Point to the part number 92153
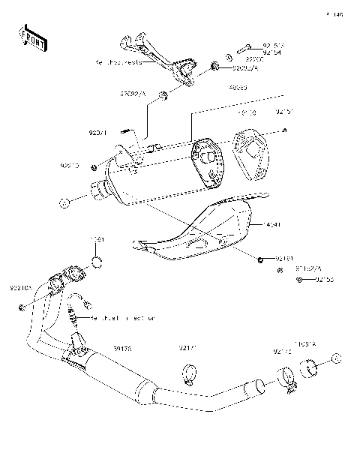(x=325, y=280)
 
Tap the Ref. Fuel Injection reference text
(x=123, y=319)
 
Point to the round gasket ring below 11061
(x=97, y=261)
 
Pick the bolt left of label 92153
(x=299, y=280)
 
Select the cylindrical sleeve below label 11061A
(x=309, y=368)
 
